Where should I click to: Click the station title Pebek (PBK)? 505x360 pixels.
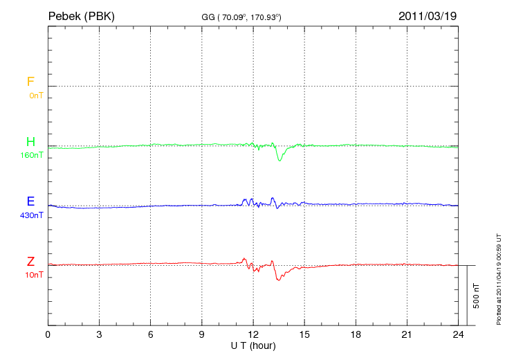pos(81,15)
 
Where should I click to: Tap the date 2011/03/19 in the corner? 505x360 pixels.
pos(428,15)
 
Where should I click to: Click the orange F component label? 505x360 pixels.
pos(30,82)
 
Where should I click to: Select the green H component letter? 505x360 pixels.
pos(30,142)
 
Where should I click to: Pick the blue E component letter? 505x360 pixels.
pos(30,201)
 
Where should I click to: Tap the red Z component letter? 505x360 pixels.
pos(30,262)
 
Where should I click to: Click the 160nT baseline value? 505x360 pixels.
pos(32,155)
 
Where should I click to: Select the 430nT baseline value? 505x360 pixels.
pos(32,215)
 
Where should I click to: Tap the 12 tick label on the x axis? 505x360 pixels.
pos(253,334)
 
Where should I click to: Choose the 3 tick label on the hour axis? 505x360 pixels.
pos(100,334)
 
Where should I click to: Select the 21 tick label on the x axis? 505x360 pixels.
pos(407,334)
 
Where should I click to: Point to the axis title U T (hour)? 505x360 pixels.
pos(253,345)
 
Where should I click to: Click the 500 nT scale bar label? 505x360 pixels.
pos(477,296)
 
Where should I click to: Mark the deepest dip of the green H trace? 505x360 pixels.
pos(280,161)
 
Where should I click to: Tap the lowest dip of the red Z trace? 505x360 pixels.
pos(278,280)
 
